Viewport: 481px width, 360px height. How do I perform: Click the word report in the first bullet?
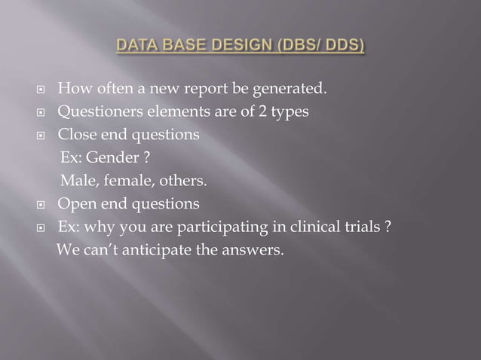[x=199, y=91]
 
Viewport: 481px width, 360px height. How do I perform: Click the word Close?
[x=77, y=136]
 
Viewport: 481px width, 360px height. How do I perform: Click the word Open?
[x=76, y=204]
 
